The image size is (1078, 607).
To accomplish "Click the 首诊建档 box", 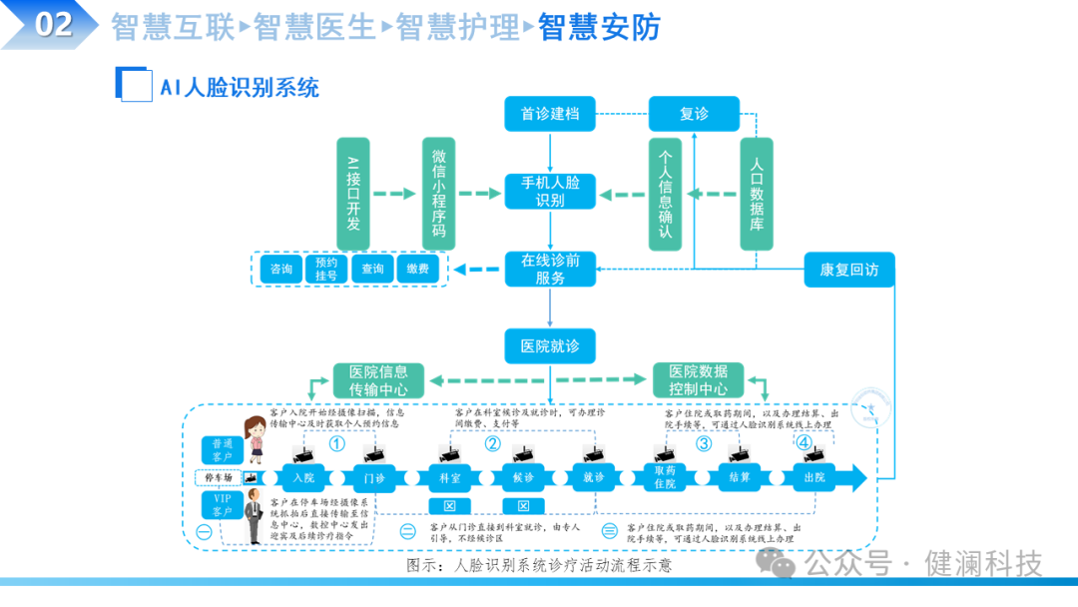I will [x=550, y=114].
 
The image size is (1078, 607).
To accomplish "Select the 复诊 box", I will [x=694, y=114].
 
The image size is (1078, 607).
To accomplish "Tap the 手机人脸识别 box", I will [x=550, y=191].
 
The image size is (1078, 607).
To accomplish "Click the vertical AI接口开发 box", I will [x=352, y=194].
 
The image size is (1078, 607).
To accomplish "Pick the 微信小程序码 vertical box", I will [x=438, y=194].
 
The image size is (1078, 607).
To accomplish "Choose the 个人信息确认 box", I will [x=665, y=194].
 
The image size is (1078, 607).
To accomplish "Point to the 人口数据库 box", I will [x=756, y=194].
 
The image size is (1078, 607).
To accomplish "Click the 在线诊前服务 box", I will [x=550, y=269].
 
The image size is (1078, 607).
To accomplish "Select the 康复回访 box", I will [x=848, y=269].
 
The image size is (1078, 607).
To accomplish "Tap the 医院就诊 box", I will [x=550, y=345].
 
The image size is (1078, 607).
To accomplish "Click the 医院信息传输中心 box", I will [x=378, y=380].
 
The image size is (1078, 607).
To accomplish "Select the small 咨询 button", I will [x=281, y=269].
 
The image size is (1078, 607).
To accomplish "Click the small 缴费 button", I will [x=418, y=269].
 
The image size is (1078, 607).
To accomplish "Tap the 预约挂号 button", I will [x=326, y=269].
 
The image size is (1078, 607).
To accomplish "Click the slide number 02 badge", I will [x=54, y=25].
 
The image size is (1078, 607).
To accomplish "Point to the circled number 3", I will [x=704, y=444].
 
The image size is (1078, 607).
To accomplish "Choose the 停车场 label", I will [x=220, y=478].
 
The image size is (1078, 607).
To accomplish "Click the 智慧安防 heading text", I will [x=600, y=27].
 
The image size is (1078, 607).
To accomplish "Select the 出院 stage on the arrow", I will [x=814, y=478].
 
